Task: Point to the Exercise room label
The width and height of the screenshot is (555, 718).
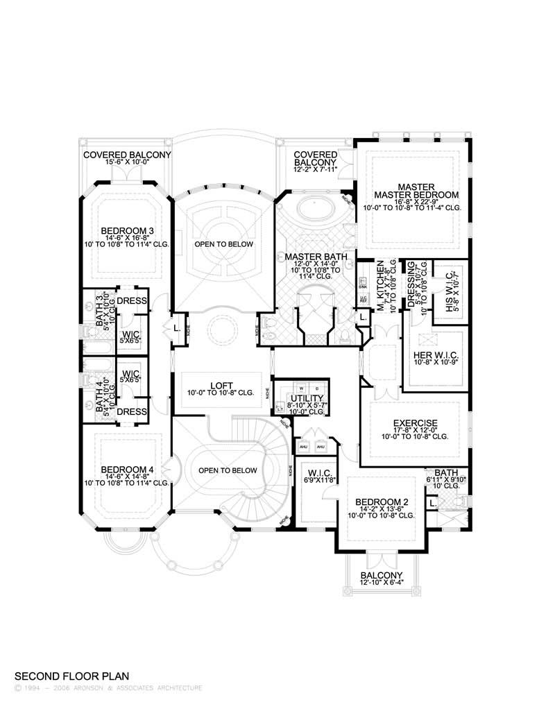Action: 414,422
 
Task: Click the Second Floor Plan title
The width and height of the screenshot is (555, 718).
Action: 71,675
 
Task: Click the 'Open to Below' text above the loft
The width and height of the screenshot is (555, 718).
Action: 223,244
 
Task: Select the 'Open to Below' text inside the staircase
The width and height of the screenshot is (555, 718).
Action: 228,470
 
